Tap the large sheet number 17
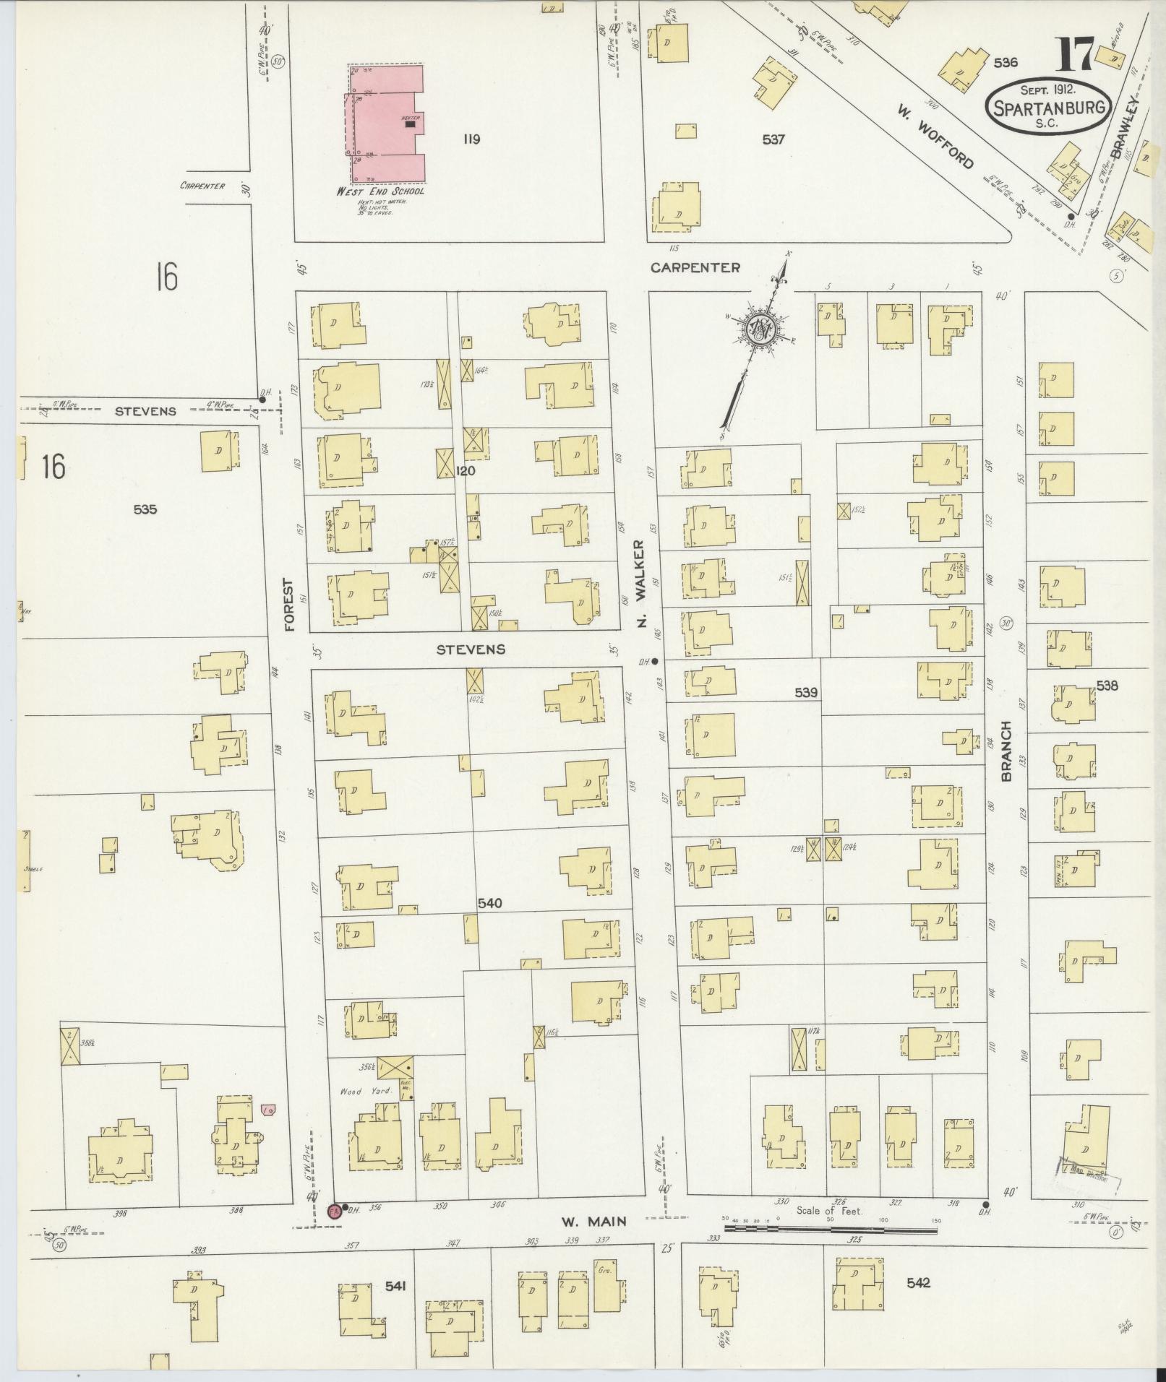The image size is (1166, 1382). (1076, 56)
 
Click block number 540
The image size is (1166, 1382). (489, 903)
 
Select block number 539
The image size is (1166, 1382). (805, 693)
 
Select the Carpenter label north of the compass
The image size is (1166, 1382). (695, 267)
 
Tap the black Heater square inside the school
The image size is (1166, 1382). (411, 124)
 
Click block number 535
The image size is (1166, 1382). (145, 509)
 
